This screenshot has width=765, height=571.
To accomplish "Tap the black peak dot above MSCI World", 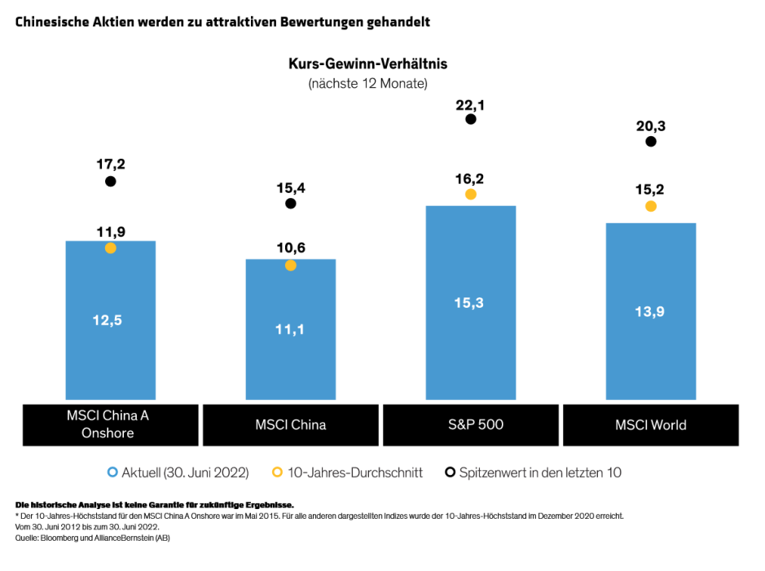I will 650,142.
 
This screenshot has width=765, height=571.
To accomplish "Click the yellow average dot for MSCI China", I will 291,266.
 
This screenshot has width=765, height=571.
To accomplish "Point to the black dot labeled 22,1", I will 470,119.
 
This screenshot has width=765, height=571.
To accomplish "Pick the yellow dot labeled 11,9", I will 111,248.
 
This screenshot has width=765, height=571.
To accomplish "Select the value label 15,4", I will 291,187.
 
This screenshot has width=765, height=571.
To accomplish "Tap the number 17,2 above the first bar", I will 111,165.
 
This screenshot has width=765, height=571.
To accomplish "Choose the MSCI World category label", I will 651,424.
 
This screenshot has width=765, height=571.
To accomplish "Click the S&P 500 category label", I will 471,424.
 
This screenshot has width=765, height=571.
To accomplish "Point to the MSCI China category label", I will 291,424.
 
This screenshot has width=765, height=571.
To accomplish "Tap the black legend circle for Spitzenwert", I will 449,472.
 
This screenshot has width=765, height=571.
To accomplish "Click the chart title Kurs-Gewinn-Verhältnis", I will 367,63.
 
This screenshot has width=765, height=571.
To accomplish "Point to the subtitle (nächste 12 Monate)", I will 367,83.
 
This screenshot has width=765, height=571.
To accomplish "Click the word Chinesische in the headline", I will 50,21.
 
